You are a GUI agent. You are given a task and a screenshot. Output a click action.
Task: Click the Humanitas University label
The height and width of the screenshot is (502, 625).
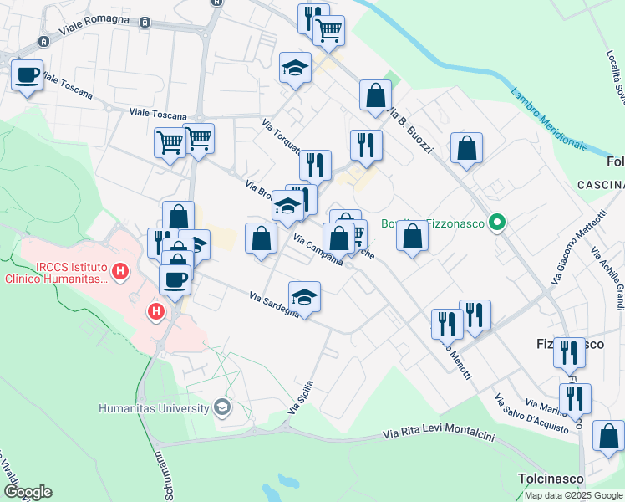point(154,408)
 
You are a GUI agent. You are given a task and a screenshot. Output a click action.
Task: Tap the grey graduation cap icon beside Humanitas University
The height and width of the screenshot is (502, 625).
point(221,408)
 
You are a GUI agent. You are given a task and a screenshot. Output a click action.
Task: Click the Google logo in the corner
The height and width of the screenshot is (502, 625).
point(28,492)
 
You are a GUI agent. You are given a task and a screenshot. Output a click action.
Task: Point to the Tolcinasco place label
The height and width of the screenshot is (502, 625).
point(547,478)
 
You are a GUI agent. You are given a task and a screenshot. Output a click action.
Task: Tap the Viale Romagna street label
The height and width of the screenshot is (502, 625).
point(93,31)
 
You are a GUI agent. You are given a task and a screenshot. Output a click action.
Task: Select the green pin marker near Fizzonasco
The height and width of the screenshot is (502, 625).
point(497,223)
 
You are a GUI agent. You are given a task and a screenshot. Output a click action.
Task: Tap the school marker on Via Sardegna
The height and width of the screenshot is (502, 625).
point(305,296)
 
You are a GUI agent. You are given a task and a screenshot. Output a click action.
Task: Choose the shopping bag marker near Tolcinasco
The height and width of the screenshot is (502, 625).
point(608,435)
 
